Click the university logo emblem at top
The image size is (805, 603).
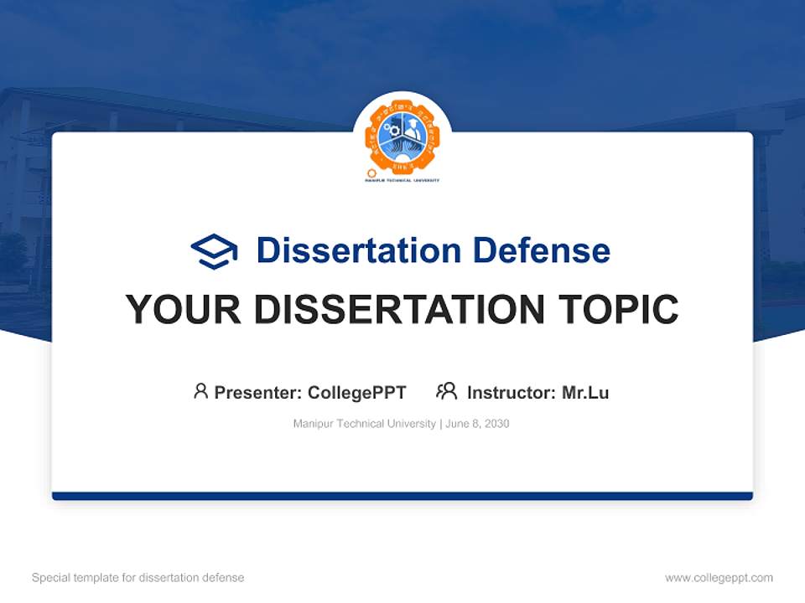(402, 135)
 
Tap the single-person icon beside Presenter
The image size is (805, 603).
(200, 391)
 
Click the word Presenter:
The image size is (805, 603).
(257, 392)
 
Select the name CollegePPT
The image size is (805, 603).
(357, 392)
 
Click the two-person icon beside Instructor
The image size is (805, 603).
(446, 391)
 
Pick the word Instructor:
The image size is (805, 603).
(511, 392)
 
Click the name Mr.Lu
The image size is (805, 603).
(585, 392)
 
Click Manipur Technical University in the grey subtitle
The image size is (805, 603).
(364, 424)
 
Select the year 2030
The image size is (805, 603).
(496, 424)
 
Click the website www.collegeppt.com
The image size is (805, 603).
(719, 578)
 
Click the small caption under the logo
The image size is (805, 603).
(402, 180)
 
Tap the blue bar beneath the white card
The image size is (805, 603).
(402, 497)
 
